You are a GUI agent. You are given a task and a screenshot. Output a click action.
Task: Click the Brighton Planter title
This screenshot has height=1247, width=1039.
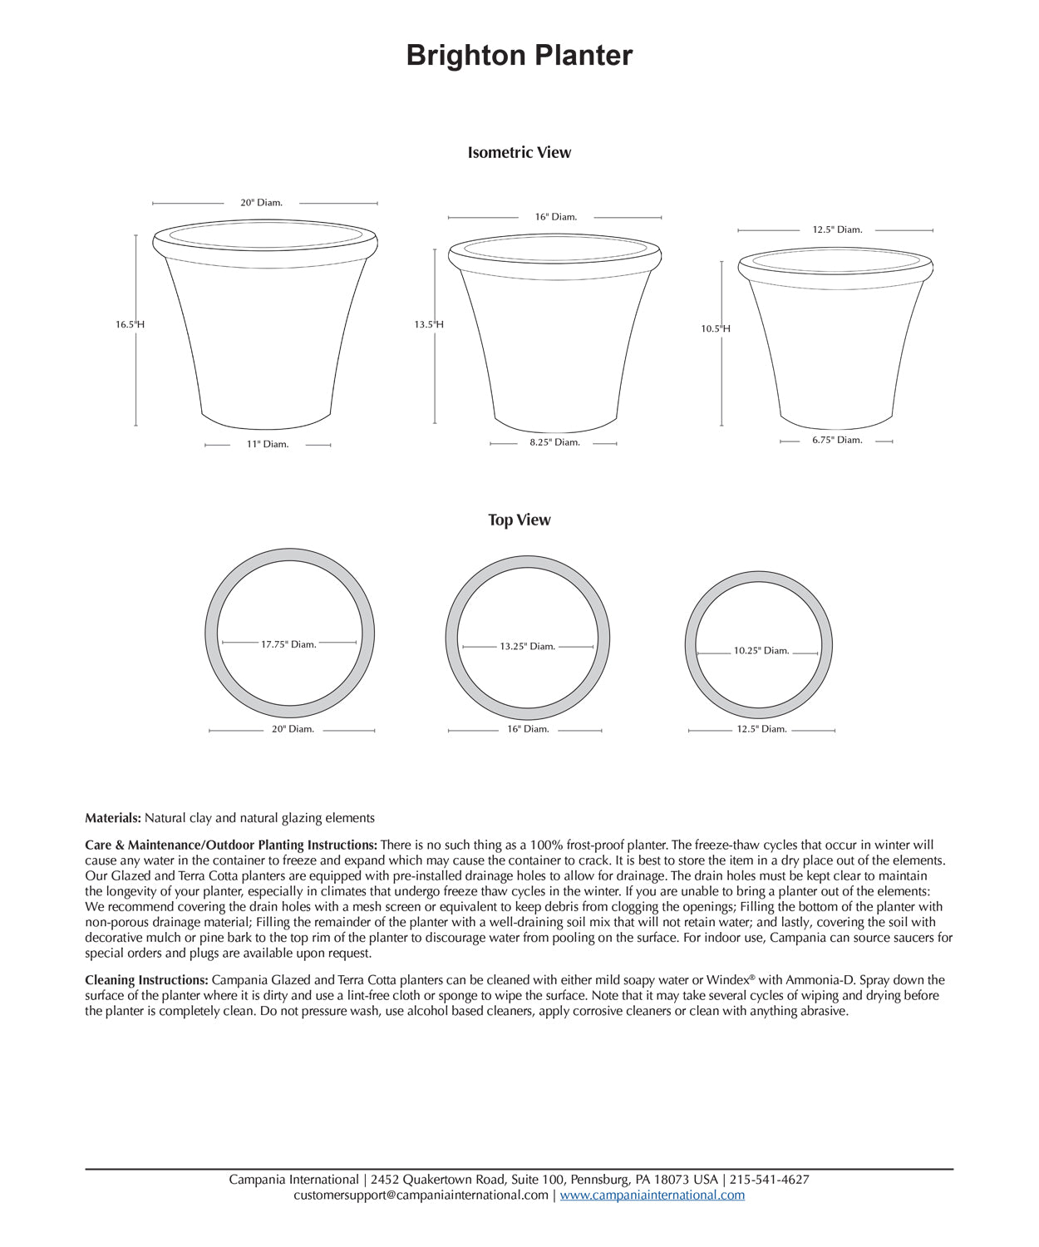(519, 56)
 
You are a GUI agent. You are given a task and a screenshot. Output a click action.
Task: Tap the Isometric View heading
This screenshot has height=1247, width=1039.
(519, 152)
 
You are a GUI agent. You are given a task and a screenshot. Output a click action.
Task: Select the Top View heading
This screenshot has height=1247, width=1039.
(519, 520)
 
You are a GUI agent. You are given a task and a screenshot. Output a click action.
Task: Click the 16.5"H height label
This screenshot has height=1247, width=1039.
(130, 324)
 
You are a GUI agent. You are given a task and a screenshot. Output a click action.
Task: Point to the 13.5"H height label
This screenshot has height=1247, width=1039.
(429, 324)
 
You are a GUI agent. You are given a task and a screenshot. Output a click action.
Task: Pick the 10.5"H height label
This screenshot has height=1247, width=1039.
(716, 328)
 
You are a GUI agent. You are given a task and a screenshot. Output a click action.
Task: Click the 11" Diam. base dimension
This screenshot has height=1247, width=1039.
(268, 444)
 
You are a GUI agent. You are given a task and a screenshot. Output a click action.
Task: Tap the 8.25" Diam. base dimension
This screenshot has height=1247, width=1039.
(554, 442)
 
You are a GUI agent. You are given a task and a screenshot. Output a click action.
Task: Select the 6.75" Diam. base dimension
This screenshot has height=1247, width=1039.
(837, 440)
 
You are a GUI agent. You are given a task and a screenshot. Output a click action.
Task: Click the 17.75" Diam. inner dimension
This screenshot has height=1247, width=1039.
(288, 644)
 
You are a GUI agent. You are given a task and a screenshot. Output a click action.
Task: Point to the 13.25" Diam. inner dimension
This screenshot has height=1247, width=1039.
(527, 646)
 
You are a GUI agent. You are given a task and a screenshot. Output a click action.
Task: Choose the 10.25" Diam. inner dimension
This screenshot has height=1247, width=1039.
(761, 651)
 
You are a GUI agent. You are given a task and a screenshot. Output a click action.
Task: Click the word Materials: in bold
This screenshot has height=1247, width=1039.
(113, 818)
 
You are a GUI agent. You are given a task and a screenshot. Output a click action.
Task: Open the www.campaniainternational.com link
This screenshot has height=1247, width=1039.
(652, 1195)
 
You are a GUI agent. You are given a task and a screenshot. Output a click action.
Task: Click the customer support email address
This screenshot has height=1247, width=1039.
(421, 1195)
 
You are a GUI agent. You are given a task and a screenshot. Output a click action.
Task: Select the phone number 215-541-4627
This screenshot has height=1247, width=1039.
(770, 1179)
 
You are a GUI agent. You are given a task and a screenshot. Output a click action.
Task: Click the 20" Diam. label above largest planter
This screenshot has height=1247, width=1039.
(262, 202)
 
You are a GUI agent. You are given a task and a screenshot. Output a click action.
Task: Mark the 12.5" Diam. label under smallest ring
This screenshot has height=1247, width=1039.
(761, 729)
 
